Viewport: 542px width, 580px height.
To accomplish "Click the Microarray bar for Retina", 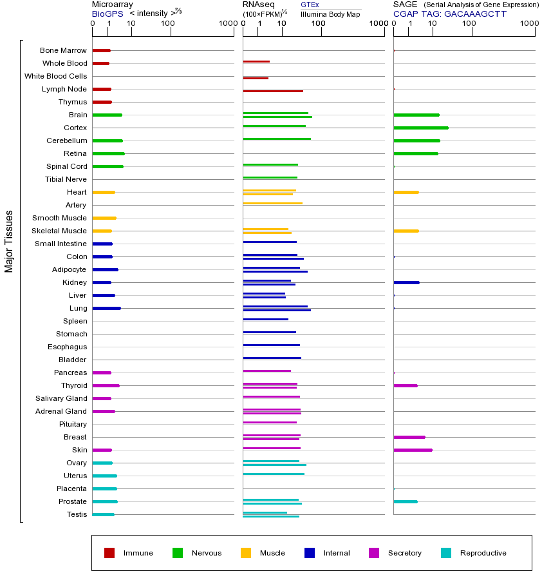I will [x=108, y=153].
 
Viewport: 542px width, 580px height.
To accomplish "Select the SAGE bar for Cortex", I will [x=420, y=128].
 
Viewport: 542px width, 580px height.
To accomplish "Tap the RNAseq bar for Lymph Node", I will [x=273, y=91].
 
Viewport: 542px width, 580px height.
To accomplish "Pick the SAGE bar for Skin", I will [x=413, y=450].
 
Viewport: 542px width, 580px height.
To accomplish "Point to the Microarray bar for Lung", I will [x=106, y=308].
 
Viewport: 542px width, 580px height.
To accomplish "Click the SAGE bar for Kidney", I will [x=406, y=282].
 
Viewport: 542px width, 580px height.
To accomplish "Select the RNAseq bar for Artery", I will [x=272, y=204].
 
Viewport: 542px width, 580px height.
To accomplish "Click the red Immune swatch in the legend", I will [x=109, y=553].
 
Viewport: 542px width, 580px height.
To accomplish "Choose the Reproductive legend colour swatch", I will [x=446, y=553].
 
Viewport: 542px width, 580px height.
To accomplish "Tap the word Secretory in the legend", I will [x=404, y=553].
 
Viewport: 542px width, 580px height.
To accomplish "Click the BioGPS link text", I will [x=106, y=13].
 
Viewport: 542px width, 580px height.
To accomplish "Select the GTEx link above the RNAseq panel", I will [x=310, y=5].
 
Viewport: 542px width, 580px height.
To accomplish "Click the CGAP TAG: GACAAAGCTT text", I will [x=450, y=14].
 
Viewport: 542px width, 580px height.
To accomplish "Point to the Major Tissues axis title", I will [x=9, y=241].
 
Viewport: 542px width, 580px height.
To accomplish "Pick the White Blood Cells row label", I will [x=55, y=76].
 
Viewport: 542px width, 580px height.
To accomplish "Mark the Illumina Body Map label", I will [x=330, y=14].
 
